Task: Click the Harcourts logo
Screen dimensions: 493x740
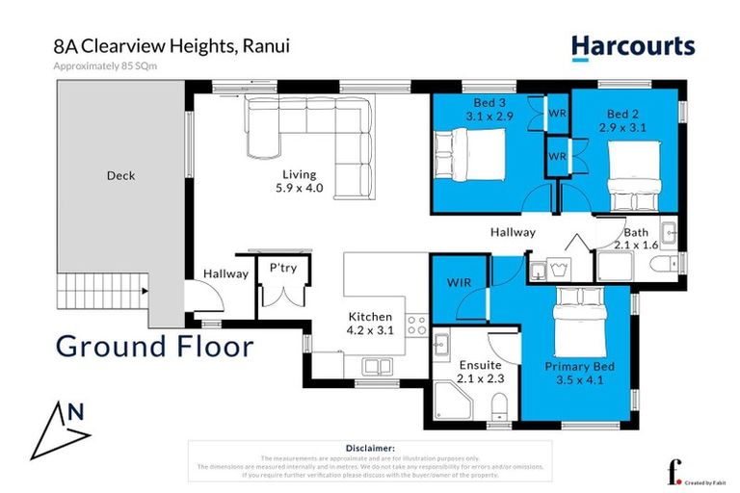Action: click(632, 45)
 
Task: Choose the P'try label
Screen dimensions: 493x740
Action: click(282, 269)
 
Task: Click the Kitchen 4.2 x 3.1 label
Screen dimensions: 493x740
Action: click(371, 324)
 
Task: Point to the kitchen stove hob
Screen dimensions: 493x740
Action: click(417, 325)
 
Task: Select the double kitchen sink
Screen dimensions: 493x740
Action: click(377, 366)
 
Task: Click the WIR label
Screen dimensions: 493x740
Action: click(459, 282)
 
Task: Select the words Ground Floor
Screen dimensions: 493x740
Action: click(154, 346)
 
